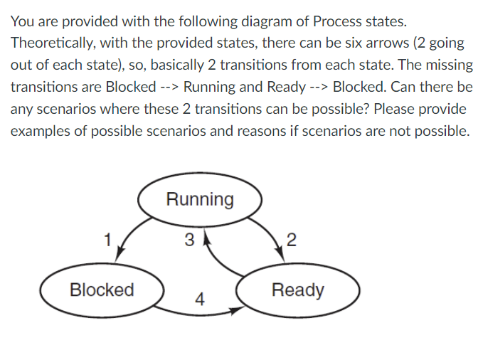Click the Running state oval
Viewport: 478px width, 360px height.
coord(200,199)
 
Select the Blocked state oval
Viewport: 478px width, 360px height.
coord(102,290)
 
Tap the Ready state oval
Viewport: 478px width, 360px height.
coord(298,290)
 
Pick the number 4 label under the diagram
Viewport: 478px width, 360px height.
coord(201,300)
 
